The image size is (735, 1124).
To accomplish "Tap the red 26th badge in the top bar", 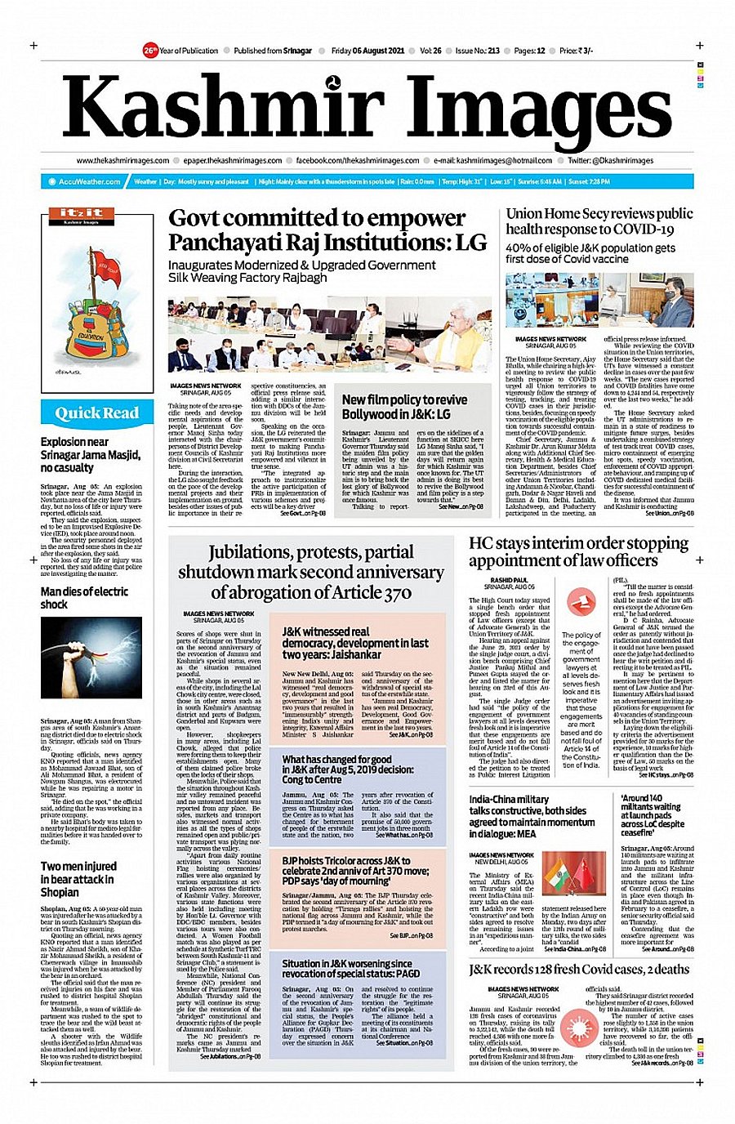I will [x=149, y=51].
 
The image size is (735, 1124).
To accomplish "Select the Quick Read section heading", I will [x=96, y=413].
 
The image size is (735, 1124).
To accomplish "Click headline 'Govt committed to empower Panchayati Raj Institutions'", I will [x=327, y=230].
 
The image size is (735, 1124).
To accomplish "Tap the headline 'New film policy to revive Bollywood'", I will [x=404, y=407].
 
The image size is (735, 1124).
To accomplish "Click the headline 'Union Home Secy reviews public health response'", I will [x=599, y=221].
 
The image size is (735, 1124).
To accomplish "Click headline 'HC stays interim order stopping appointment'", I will [x=578, y=551].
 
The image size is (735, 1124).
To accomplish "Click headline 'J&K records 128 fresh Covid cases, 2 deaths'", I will [x=578, y=970].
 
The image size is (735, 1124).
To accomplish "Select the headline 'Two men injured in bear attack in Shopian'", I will [x=79, y=879].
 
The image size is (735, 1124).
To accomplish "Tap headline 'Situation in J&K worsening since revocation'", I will [x=351, y=969].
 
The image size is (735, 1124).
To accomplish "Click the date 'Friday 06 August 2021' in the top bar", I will [x=367, y=51].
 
